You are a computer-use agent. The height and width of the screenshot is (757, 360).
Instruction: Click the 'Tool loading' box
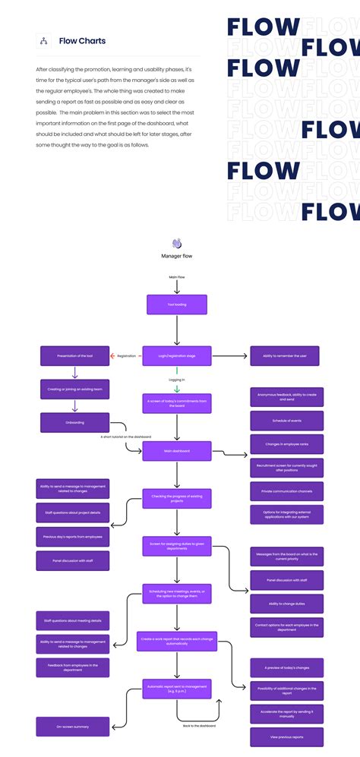point(177,305)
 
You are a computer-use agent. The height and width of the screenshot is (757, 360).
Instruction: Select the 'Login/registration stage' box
point(177,355)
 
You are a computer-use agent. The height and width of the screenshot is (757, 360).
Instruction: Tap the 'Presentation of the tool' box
point(74,355)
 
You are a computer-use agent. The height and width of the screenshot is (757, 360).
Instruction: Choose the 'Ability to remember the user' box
point(285,355)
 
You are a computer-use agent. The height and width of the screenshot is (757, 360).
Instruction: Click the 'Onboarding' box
point(74,423)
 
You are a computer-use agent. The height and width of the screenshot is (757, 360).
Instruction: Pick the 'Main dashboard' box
point(177,451)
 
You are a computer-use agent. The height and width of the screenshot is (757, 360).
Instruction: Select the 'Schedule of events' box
point(287,421)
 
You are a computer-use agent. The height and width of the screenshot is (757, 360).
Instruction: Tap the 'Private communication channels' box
point(287,491)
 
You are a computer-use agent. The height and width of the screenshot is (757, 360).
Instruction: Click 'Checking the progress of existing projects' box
point(177,499)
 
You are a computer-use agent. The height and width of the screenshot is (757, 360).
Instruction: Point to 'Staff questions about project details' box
point(73,513)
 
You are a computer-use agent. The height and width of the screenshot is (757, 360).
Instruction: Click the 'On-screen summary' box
point(73,727)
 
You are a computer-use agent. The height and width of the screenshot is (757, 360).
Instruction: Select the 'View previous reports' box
point(287,736)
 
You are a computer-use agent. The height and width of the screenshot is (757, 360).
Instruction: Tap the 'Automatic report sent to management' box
point(177,689)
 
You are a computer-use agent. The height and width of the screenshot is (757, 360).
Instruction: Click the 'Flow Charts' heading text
point(82,41)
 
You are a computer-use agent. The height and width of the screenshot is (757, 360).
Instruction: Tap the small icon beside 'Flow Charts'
point(44,41)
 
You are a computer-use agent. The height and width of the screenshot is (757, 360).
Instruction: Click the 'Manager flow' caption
point(177,256)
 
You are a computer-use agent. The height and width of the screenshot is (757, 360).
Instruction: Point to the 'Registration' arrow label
point(126,355)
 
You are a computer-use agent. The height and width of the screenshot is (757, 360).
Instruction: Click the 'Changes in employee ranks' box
point(287,444)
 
